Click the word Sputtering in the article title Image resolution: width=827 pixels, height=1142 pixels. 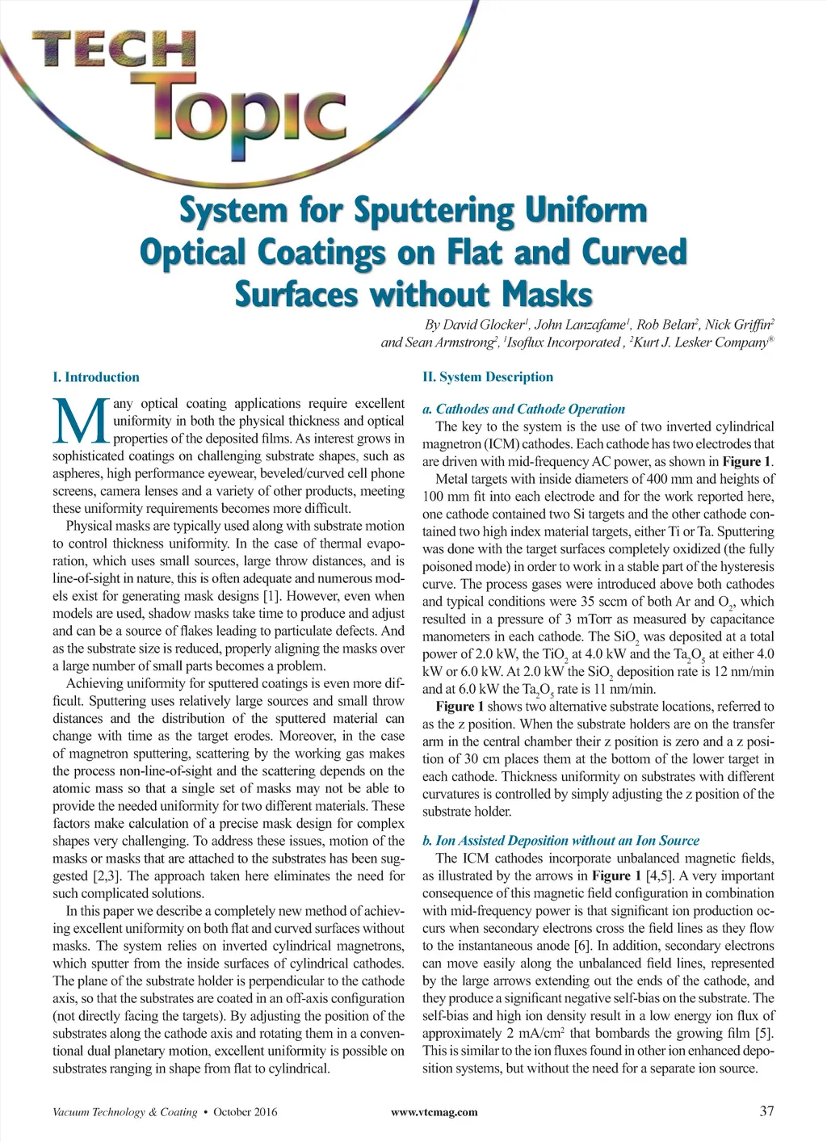pyautogui.click(x=432, y=212)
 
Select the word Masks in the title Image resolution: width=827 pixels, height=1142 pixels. pyautogui.click(x=547, y=294)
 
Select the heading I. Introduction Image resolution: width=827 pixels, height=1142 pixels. pyautogui.click(x=95, y=377)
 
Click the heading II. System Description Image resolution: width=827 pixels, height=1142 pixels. pyautogui.click(x=488, y=377)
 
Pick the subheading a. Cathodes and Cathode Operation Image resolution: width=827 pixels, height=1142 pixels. pyautogui.click(x=523, y=409)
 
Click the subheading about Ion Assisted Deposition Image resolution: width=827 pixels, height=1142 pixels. pyautogui.click(x=560, y=840)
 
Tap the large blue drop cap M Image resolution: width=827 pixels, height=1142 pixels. pyautogui.click(x=80, y=421)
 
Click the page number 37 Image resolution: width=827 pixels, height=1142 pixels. pyautogui.click(x=766, y=1111)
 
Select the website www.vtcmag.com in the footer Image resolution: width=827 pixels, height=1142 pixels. pyautogui.click(x=434, y=1112)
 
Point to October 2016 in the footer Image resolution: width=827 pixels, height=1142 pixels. pyautogui.click(x=245, y=1112)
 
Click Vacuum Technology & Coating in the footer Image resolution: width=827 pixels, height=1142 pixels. pyautogui.click(x=124, y=1112)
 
